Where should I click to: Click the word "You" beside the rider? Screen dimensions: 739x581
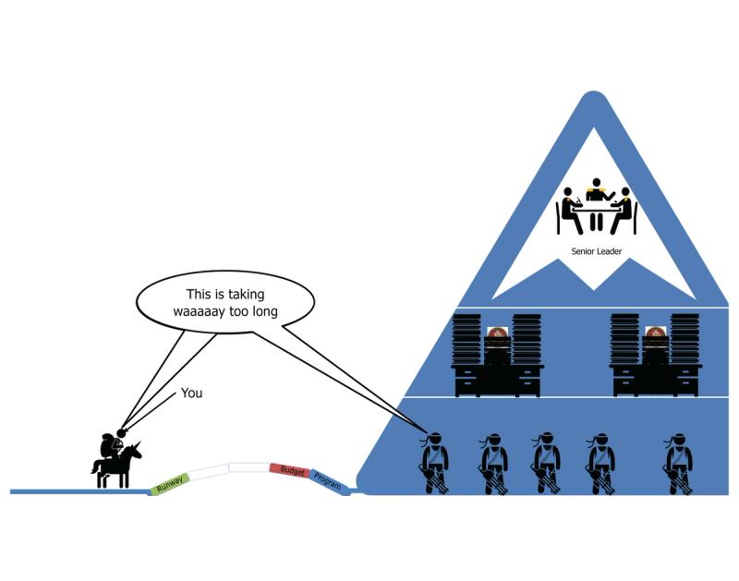[191, 393]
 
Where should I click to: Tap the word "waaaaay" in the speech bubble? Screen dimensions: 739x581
[205, 311]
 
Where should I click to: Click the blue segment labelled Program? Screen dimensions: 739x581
[328, 478]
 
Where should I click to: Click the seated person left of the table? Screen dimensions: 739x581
[568, 210]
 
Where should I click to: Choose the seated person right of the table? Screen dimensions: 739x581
[624, 210]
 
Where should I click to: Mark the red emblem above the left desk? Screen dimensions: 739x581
[497, 334]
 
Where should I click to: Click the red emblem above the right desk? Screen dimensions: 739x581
[656, 334]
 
